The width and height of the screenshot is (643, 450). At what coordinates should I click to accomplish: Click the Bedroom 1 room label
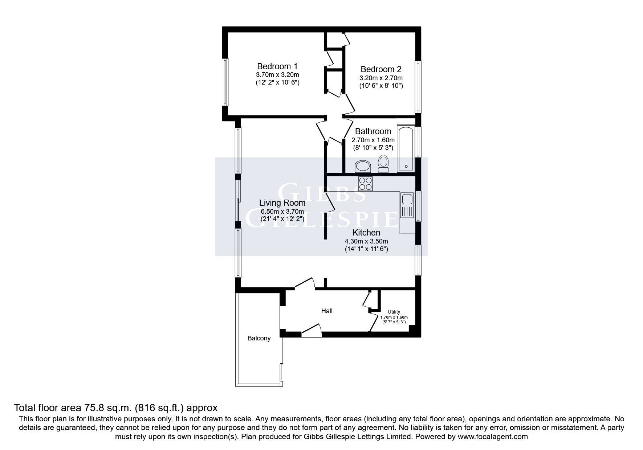(x=277, y=66)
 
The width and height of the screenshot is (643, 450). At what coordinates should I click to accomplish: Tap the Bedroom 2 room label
(x=381, y=69)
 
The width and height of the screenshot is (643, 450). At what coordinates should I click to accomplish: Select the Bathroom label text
(x=373, y=131)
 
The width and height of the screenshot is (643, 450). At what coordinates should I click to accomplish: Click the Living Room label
(x=282, y=203)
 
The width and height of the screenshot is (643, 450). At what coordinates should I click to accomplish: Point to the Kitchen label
(x=366, y=233)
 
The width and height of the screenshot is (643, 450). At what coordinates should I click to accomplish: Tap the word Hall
(x=327, y=311)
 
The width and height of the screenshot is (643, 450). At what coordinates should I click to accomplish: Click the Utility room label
(x=394, y=312)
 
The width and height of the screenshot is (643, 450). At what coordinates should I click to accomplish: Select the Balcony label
(x=259, y=338)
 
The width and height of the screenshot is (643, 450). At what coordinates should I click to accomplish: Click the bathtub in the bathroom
(x=406, y=149)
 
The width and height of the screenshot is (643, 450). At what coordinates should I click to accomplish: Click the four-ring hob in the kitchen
(x=366, y=183)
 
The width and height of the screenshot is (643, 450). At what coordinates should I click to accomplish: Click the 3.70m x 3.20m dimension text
(x=277, y=75)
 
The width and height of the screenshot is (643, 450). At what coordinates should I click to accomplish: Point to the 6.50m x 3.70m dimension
(x=282, y=211)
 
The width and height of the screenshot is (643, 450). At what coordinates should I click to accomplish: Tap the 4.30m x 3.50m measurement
(x=366, y=241)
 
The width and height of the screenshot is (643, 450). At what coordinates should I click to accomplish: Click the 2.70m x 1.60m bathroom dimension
(x=373, y=140)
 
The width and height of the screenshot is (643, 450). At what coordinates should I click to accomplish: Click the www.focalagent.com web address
(x=493, y=437)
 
